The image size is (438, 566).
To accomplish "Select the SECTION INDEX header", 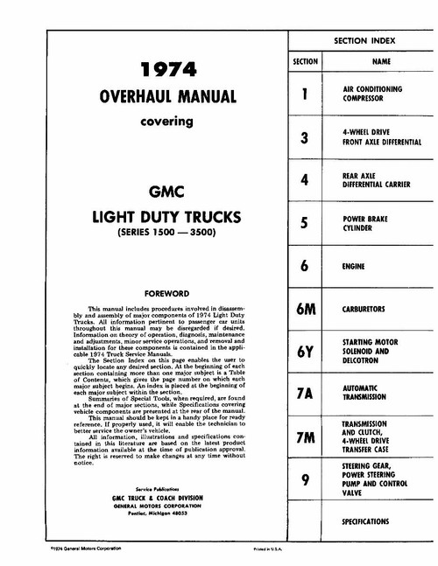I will (364, 41).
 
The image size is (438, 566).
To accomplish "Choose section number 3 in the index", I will (303, 137).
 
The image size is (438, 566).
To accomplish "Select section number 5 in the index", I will (303, 223).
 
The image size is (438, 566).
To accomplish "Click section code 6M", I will (303, 309).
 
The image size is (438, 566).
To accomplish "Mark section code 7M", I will (303, 436).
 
